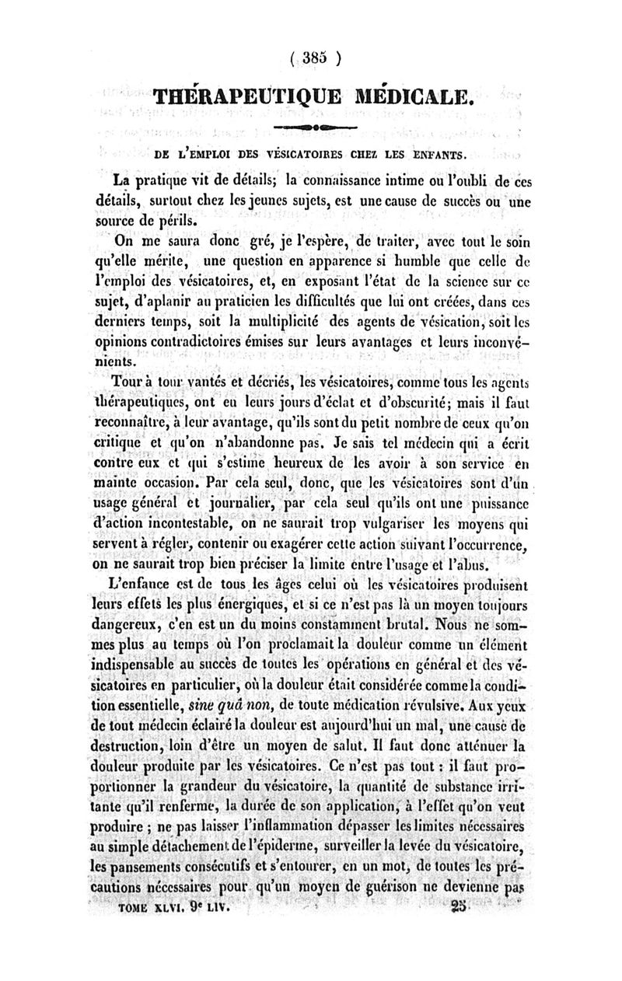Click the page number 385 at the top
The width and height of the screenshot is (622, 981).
[x=311, y=57]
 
